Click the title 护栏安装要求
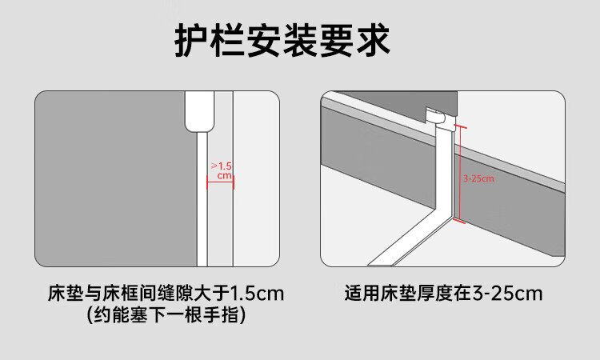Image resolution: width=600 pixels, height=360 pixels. (x=282, y=41)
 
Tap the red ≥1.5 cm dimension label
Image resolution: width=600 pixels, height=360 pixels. (x=222, y=170)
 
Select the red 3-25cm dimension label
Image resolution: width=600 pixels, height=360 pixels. (x=478, y=178)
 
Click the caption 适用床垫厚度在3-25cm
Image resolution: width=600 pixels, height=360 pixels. (x=443, y=294)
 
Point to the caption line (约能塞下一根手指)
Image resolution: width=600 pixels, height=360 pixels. (x=166, y=315)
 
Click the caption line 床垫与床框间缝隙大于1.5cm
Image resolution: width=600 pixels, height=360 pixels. (x=166, y=294)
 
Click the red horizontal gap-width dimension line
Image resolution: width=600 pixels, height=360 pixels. (x=220, y=182)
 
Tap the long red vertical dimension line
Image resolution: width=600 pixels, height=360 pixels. (x=460, y=174)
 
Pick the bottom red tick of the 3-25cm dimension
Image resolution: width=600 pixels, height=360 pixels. (x=459, y=220)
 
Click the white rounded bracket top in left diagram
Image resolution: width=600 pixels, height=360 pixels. (x=198, y=112)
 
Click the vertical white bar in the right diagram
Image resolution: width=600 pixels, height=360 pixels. (x=445, y=168)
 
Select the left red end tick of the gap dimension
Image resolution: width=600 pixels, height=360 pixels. (x=207, y=182)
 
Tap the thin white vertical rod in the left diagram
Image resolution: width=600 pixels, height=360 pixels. (x=202, y=199)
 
